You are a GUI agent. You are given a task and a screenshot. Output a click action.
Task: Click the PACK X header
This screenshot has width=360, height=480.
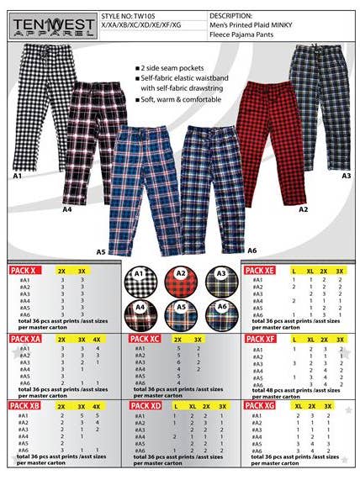[x=25, y=271]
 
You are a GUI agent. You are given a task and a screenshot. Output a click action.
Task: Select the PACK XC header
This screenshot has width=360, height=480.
[x=146, y=339]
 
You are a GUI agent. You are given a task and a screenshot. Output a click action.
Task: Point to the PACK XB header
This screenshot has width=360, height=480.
[x=26, y=405]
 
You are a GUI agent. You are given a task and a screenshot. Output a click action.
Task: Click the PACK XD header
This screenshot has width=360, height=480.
[x=146, y=405]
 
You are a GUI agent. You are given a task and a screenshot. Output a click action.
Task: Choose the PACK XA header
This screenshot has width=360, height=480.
[x=26, y=339]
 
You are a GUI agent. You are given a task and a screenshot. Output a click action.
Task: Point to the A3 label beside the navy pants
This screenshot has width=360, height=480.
[x=346, y=176]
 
